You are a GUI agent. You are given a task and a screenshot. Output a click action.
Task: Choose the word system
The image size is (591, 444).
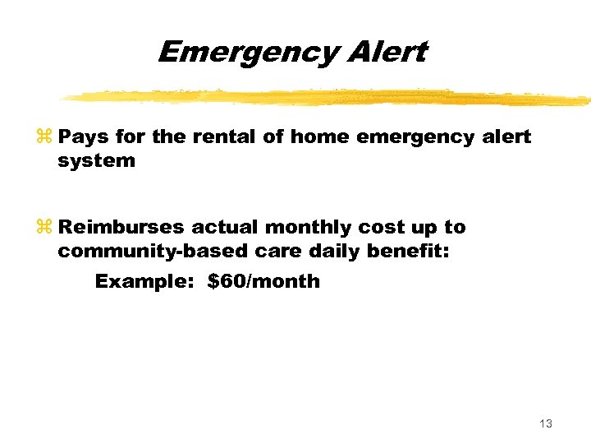[96, 161]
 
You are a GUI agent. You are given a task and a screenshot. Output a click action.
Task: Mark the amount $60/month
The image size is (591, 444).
[263, 281]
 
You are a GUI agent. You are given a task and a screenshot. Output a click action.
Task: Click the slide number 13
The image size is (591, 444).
[546, 423]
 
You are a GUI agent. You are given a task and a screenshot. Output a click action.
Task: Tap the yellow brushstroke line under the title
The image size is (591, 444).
[328, 97]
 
